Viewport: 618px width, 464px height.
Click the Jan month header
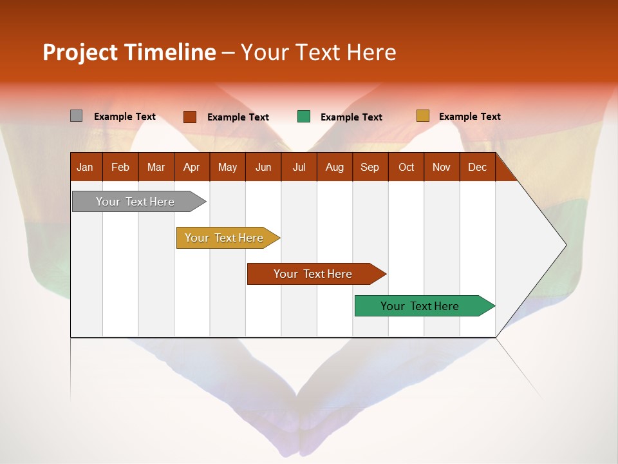pyautogui.click(x=86, y=168)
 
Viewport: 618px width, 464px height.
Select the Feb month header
pyautogui.click(x=120, y=168)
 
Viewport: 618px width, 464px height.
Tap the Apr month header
pyautogui.click(x=192, y=168)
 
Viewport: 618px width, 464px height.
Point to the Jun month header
pyautogui.click(x=263, y=168)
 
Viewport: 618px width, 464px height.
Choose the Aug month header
pyautogui.click(x=335, y=168)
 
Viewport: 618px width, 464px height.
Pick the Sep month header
pyautogui.click(x=370, y=168)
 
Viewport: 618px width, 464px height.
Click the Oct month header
pyautogui.click(x=406, y=168)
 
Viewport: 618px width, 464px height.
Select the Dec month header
pyautogui.click(x=478, y=168)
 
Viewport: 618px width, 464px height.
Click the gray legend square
pyautogui.click(x=77, y=116)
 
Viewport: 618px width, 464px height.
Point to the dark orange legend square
pyautogui.click(x=190, y=117)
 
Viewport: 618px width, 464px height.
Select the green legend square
pyautogui.click(x=304, y=117)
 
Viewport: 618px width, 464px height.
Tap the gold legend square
pyautogui.click(x=423, y=116)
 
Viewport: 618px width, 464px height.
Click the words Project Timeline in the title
pyautogui.click(x=129, y=52)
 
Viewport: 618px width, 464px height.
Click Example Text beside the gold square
pyautogui.click(x=470, y=117)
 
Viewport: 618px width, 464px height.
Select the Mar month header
pyautogui.click(x=156, y=168)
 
